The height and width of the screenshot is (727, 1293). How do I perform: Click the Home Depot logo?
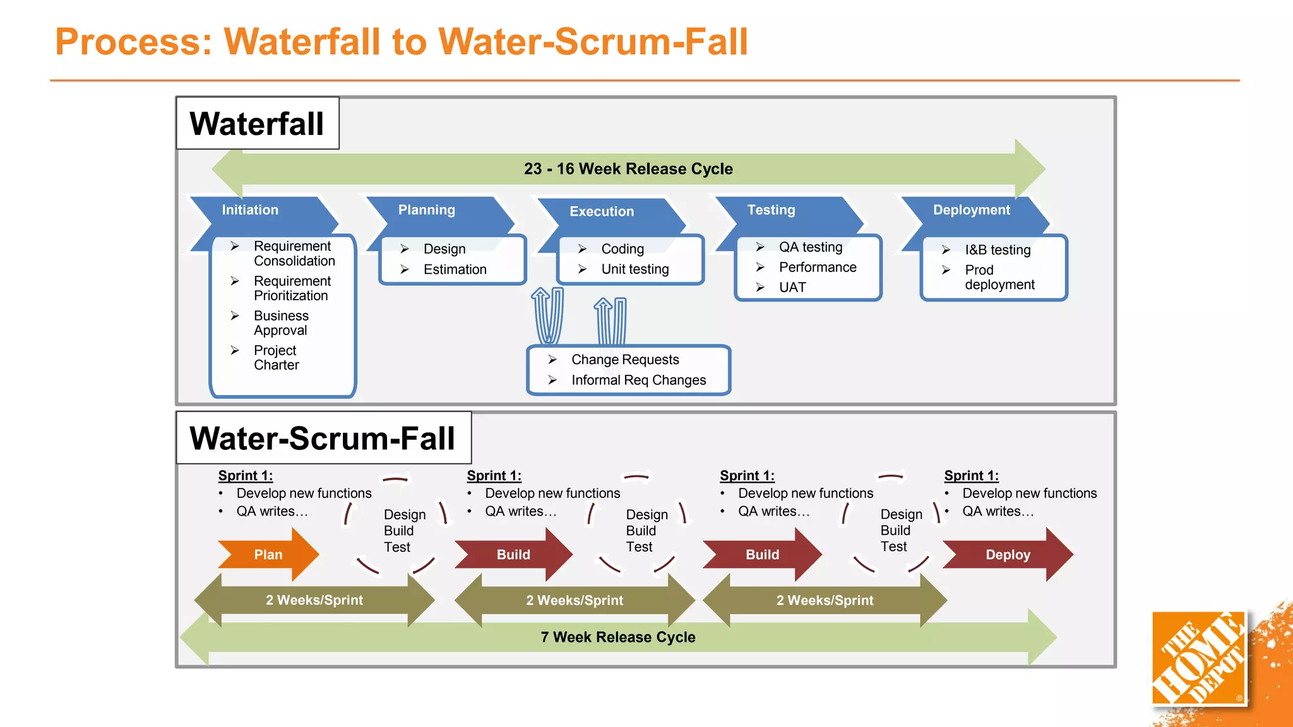click(1198, 658)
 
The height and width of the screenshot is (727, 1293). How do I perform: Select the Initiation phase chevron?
click(251, 210)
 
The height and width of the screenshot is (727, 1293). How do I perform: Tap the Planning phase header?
click(427, 210)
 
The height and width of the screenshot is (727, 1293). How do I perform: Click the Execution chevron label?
click(602, 211)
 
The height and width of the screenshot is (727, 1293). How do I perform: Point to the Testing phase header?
click(771, 210)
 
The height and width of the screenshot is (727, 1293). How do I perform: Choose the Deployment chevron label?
click(971, 210)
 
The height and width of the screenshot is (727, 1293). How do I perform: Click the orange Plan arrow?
click(268, 554)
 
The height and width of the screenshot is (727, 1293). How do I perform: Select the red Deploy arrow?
click(1008, 554)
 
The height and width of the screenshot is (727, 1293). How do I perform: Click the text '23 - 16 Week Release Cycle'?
click(628, 168)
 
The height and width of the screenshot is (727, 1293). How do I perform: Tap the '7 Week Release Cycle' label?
click(617, 637)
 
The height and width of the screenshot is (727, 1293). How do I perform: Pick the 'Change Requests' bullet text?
click(624, 359)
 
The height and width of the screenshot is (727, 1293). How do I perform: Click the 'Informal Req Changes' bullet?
click(638, 380)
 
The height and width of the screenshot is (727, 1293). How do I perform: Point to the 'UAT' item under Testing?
click(792, 287)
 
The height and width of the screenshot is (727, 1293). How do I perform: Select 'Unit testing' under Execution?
click(635, 269)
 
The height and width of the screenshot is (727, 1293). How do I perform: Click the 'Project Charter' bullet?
click(276, 357)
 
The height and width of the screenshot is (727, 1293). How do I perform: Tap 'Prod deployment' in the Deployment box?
click(999, 277)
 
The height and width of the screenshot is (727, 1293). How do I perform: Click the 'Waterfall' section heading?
click(257, 123)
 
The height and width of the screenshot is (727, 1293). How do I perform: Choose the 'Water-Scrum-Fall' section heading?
click(322, 438)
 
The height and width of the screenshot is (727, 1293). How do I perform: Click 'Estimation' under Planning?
click(455, 269)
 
